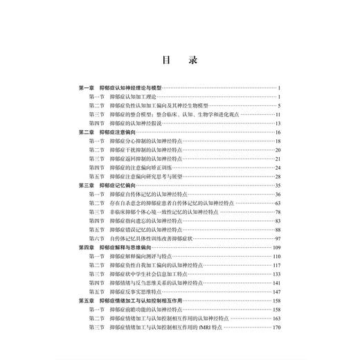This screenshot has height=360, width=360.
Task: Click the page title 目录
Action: click(x=179, y=60)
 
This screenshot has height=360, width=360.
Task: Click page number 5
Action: click(x=278, y=105)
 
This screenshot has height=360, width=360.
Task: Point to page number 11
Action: click(x=276, y=114)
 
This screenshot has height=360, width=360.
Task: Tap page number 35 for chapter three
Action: click(x=276, y=186)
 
